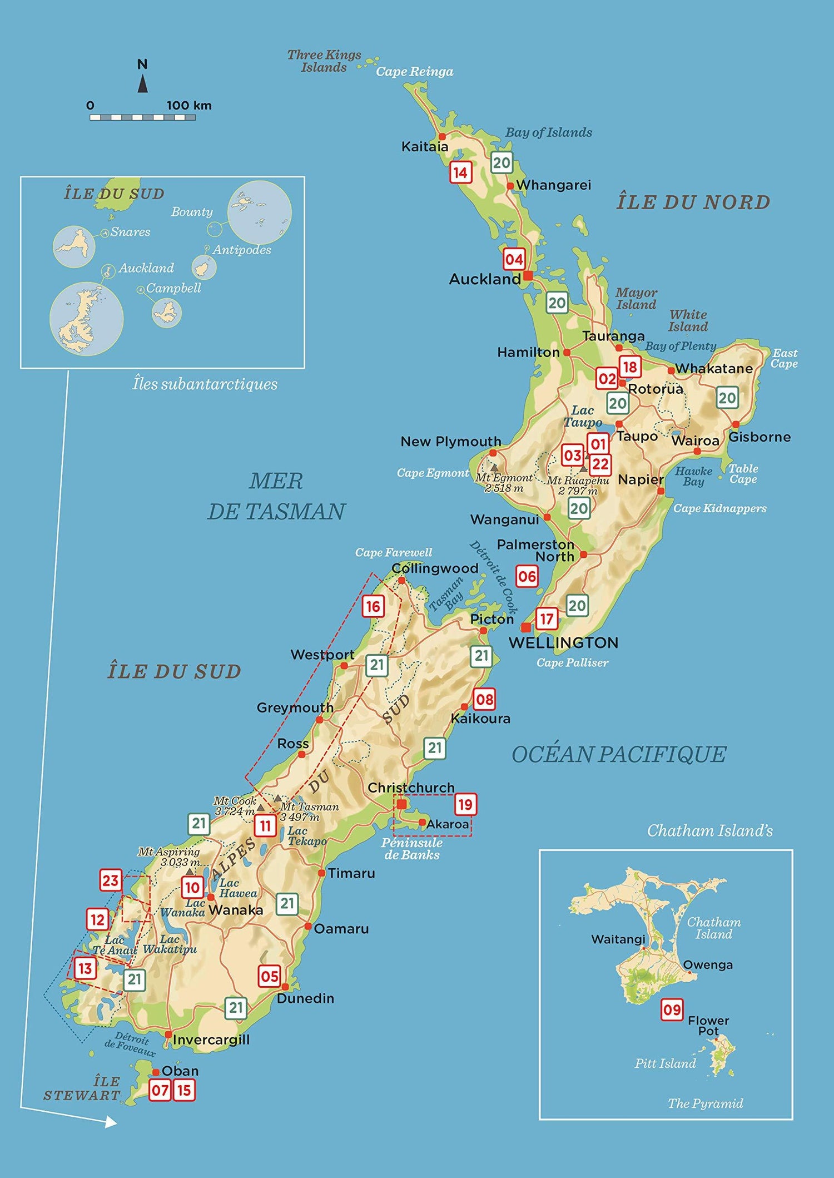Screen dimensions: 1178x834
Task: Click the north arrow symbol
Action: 142,83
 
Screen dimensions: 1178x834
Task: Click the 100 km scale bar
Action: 143,117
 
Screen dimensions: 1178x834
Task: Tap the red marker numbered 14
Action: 461,172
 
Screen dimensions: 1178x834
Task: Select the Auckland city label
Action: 484,279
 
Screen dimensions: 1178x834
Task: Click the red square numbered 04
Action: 514,259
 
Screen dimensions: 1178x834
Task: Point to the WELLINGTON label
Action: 563,643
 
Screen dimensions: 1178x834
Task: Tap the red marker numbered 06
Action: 527,576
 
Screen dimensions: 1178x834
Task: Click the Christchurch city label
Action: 411,788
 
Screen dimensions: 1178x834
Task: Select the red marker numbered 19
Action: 465,804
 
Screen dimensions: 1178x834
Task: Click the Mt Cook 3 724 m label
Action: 235,806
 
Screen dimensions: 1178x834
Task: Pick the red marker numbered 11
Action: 266,826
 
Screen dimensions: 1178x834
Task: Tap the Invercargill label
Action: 211,1040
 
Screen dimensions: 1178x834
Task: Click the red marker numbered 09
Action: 672,1009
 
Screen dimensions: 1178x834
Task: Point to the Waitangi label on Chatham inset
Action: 618,939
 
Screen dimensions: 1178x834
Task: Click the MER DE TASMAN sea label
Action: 276,496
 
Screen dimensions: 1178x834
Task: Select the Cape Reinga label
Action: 414,72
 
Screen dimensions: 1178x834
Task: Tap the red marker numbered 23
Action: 111,880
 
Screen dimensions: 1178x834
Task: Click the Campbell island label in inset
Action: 173,288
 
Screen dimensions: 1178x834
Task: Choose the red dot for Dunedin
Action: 285,987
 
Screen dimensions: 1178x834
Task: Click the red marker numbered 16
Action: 373,606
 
